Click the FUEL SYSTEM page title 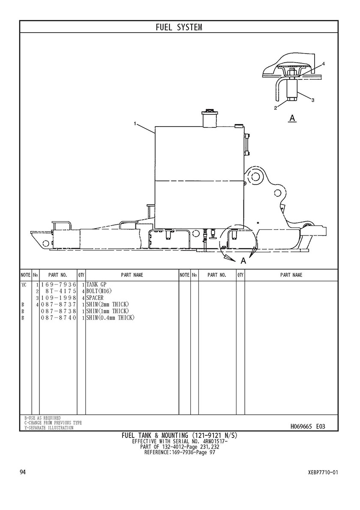179,27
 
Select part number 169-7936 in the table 58,285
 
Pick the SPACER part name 95,298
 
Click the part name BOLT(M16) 99,291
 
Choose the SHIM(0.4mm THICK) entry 110,317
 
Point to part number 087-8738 58,311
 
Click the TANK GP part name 96,285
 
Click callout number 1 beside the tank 135,123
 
